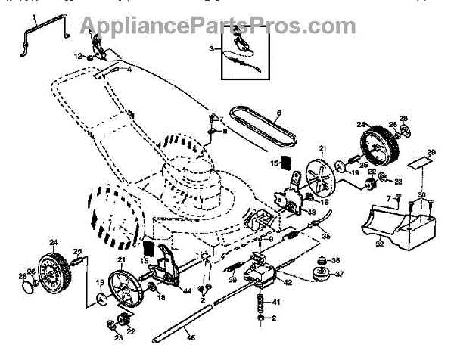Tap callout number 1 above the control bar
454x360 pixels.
(33, 16)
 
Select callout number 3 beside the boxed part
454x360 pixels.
(213, 49)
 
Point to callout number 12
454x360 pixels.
(77, 56)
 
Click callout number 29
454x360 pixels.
(431, 154)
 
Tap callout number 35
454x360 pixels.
(327, 237)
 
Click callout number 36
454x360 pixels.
(337, 261)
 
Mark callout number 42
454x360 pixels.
(288, 282)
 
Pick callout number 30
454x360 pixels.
(422, 195)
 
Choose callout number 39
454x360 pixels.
(233, 280)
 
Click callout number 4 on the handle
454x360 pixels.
(129, 69)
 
